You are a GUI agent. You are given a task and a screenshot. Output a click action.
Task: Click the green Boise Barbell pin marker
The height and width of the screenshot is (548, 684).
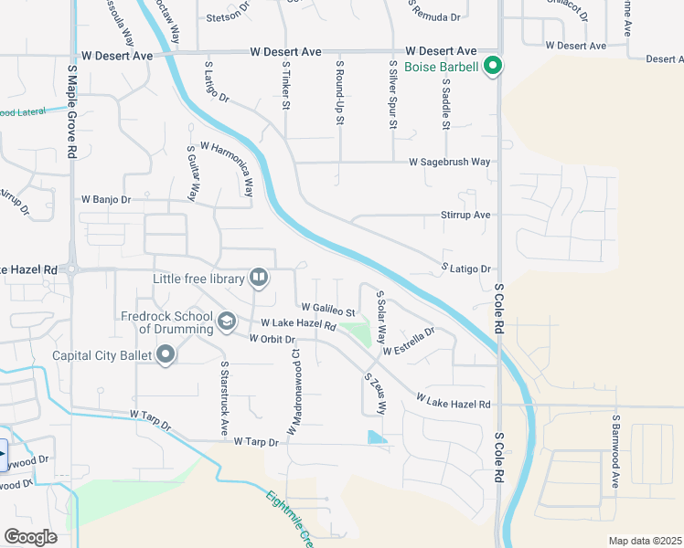[x=494, y=66]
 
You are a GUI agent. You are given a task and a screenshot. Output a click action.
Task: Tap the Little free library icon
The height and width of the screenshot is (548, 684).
[x=259, y=277]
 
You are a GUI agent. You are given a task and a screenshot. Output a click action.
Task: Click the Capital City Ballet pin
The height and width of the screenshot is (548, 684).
[x=166, y=354]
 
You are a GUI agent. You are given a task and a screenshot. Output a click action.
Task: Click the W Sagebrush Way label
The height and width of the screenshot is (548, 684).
[x=449, y=162]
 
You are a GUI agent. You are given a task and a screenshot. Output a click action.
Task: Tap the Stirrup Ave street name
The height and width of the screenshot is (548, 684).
[x=466, y=215]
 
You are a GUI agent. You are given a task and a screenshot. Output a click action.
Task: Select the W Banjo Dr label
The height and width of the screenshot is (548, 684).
[x=106, y=198]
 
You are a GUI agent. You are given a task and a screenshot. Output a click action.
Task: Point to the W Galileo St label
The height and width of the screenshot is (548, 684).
[x=327, y=311]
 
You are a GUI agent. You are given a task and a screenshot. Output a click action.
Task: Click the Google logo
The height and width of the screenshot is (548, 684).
[x=30, y=537]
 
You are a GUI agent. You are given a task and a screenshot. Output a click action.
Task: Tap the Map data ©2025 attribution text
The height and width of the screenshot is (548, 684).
[x=645, y=541]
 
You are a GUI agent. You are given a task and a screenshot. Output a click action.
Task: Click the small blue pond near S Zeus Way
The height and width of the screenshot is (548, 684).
[x=376, y=437]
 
